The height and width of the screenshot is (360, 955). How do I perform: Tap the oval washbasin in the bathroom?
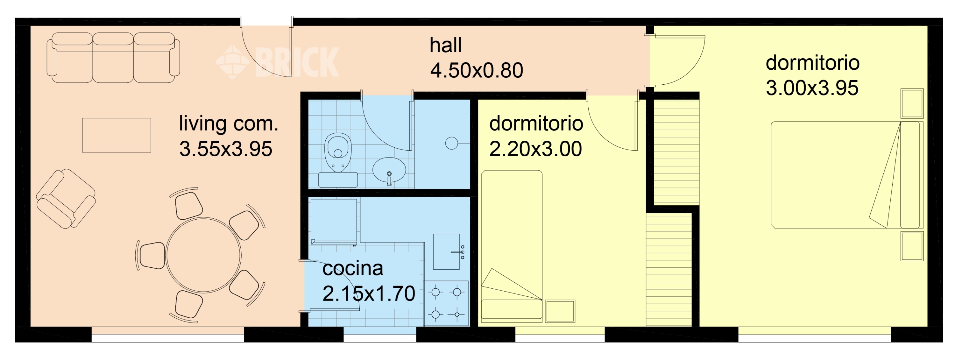click(x=389, y=171)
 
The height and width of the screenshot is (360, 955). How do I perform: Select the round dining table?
click(x=203, y=255)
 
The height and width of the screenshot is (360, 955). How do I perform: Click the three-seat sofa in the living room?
click(x=113, y=58)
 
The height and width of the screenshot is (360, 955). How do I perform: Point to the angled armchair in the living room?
click(x=66, y=199)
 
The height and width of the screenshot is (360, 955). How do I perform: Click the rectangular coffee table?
click(x=117, y=135)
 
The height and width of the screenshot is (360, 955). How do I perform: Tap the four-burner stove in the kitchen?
click(x=446, y=303)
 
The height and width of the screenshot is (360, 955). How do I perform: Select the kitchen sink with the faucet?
click(x=447, y=252)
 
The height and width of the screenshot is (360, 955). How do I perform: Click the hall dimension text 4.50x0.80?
click(x=477, y=70)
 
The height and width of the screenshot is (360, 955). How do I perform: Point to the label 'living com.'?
click(x=228, y=124)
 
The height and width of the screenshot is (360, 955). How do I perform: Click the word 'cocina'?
click(x=353, y=268)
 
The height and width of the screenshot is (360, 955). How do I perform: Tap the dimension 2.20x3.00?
click(x=535, y=149)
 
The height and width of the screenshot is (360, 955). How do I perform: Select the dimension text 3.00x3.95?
click(x=812, y=88)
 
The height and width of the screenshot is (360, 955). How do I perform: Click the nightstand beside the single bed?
click(x=560, y=311)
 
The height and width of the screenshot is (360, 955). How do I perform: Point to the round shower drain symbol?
click(x=451, y=143)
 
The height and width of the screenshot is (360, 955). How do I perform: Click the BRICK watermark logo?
click(x=278, y=62)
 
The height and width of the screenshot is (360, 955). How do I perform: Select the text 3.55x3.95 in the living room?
click(x=225, y=149)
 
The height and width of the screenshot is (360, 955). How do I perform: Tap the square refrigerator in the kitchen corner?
click(x=334, y=221)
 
